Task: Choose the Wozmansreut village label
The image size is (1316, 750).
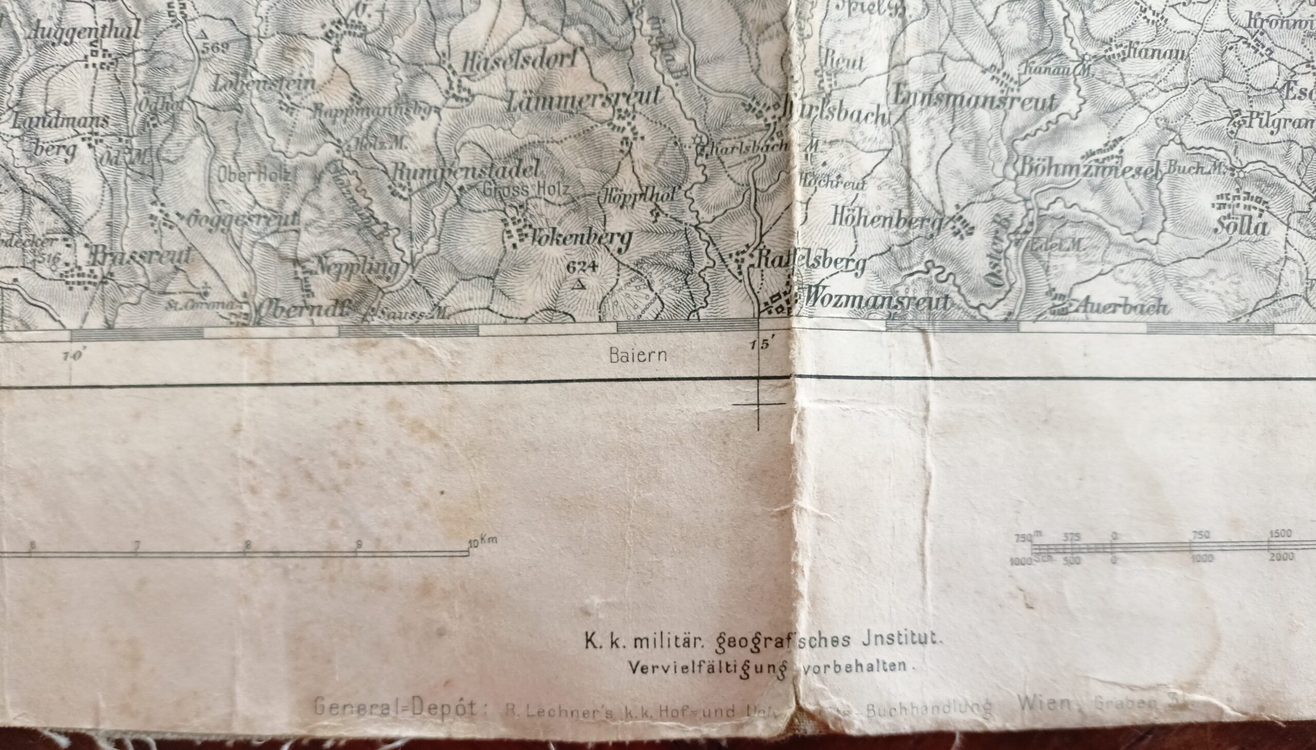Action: [x=876, y=301]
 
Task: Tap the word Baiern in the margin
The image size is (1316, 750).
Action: [x=637, y=355]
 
